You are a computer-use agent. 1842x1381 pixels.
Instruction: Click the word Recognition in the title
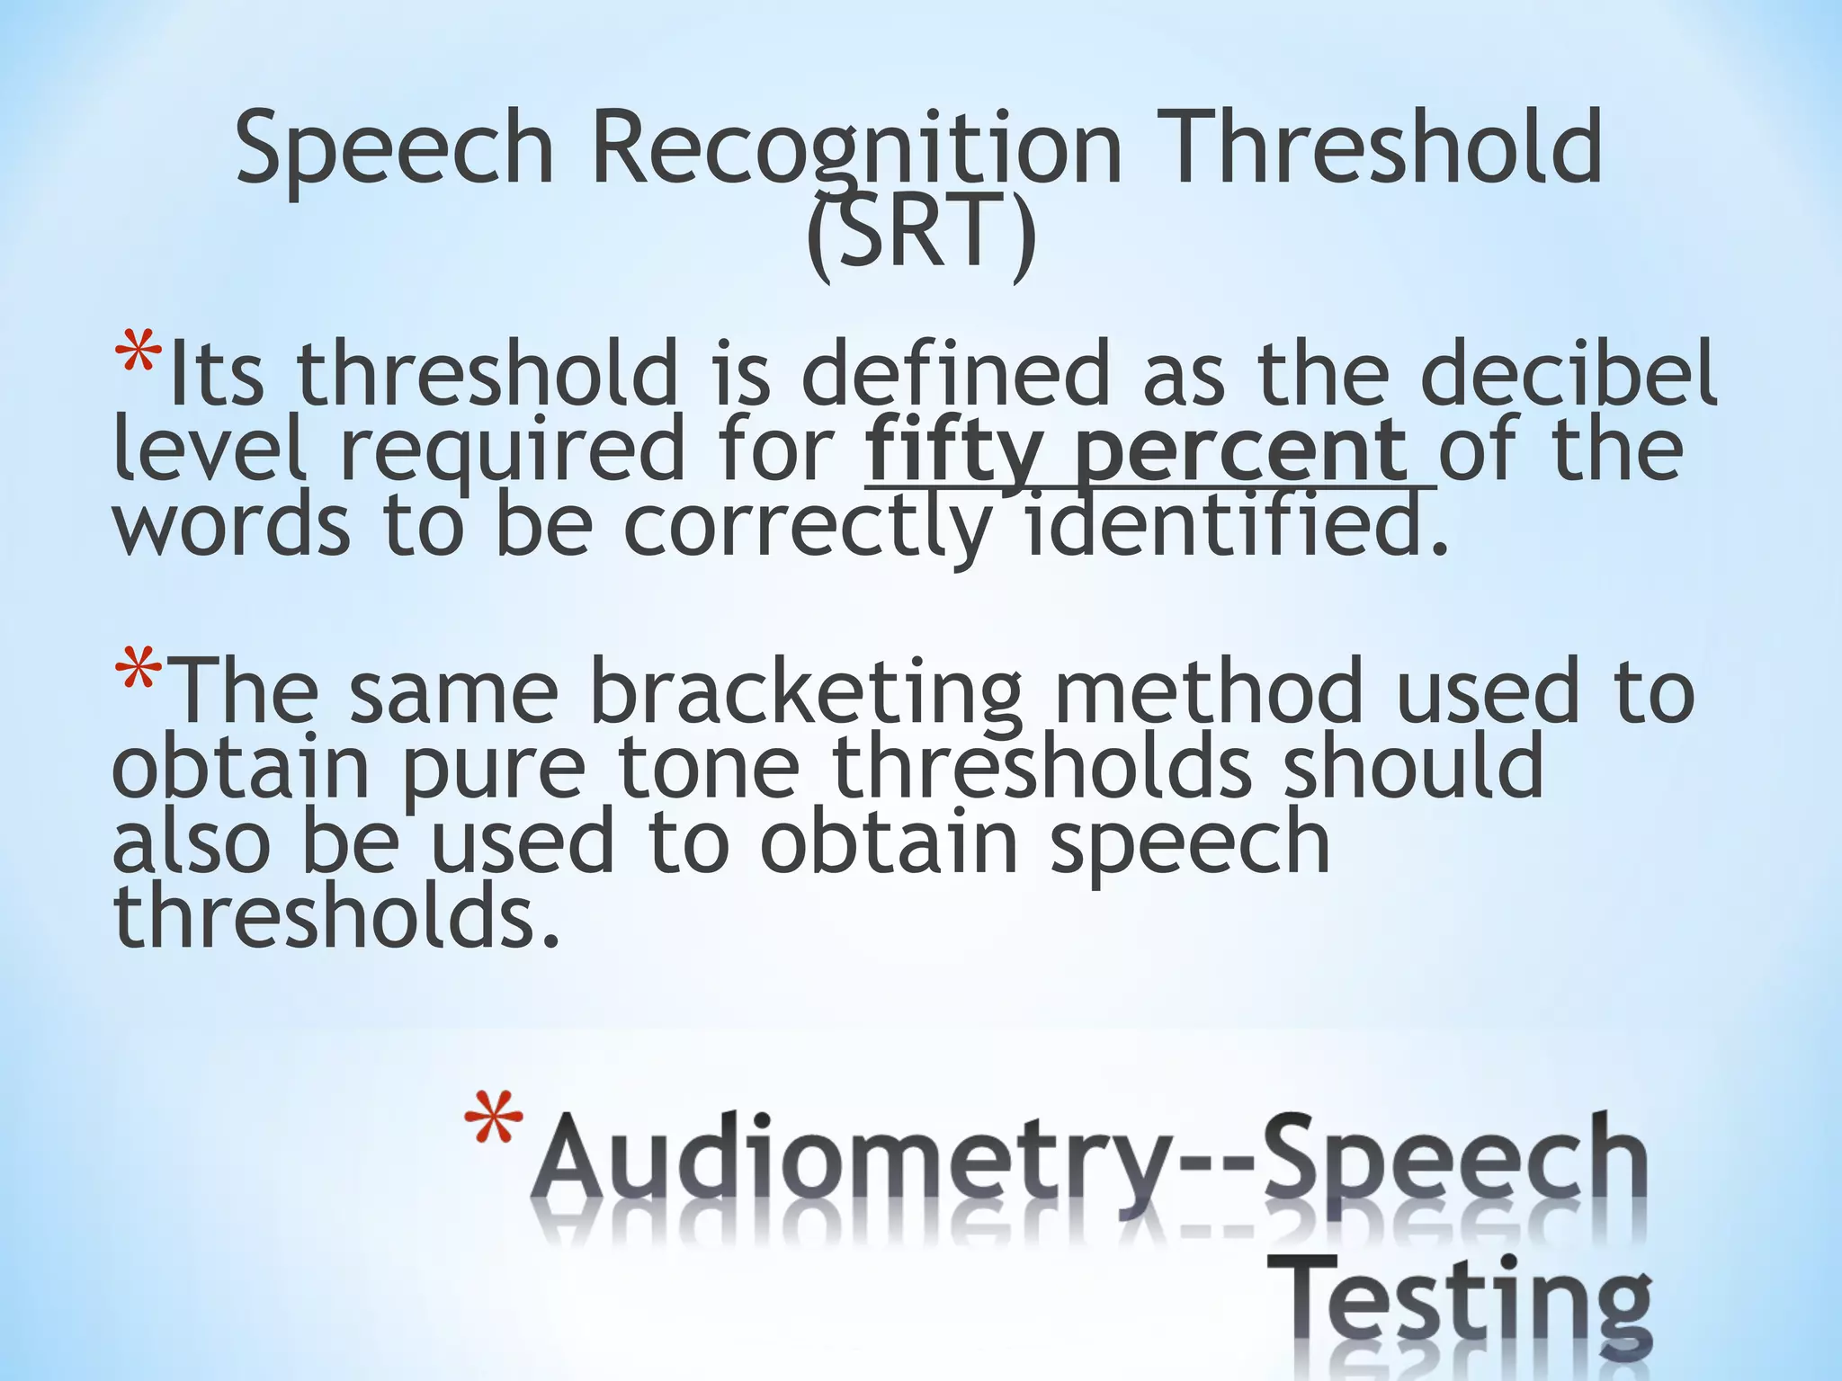pyautogui.click(x=855, y=148)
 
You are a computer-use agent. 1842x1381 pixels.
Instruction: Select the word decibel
pyautogui.click(x=1569, y=374)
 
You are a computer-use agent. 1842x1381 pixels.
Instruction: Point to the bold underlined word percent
pyautogui.click(x=1241, y=450)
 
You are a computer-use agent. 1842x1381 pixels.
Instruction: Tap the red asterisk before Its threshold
pyautogui.click(x=139, y=356)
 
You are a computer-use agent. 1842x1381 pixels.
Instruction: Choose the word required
pyautogui.click(x=512, y=450)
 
